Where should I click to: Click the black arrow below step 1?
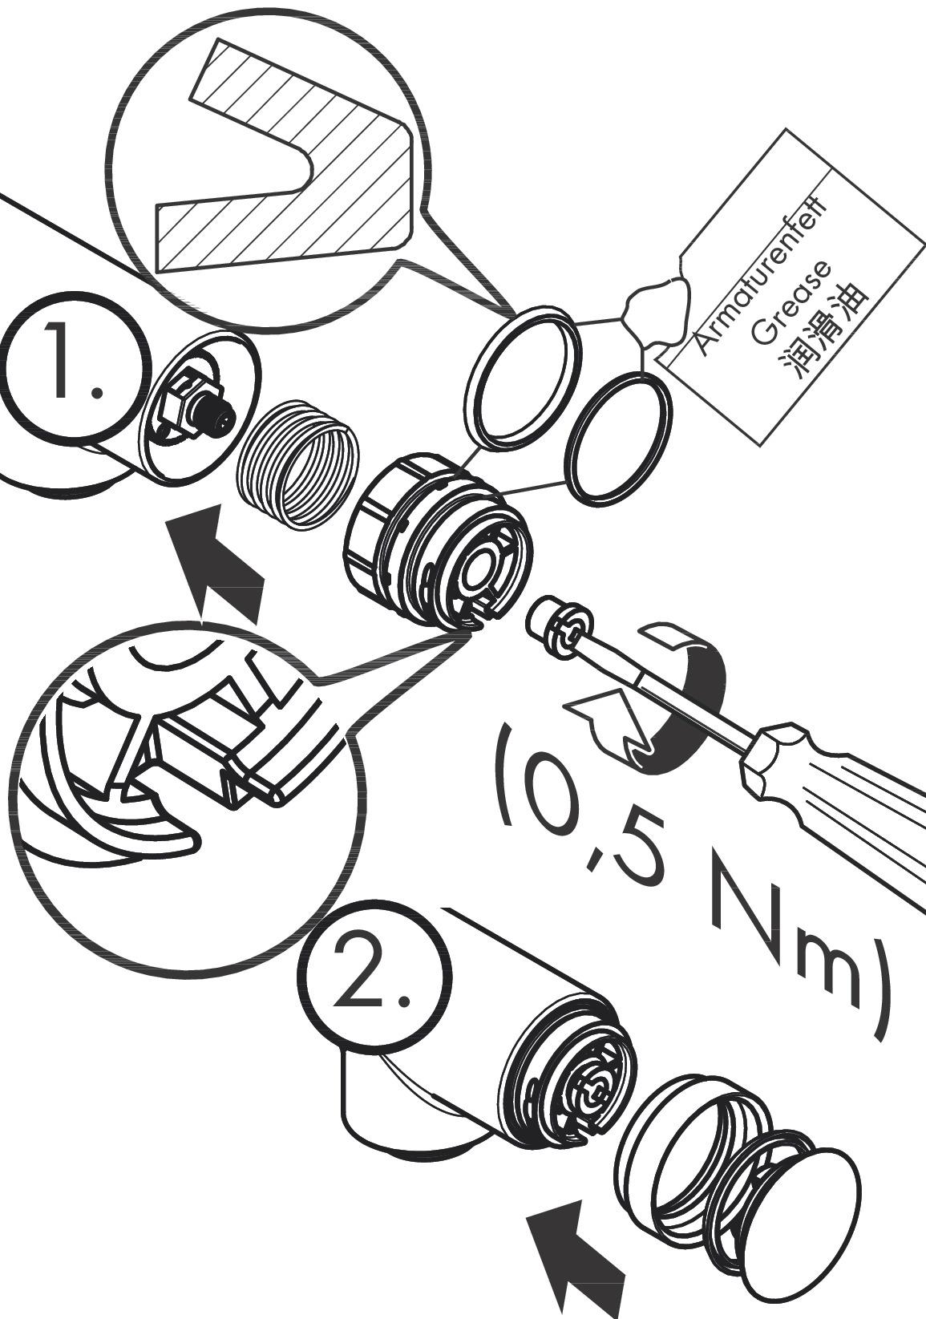(216, 561)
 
